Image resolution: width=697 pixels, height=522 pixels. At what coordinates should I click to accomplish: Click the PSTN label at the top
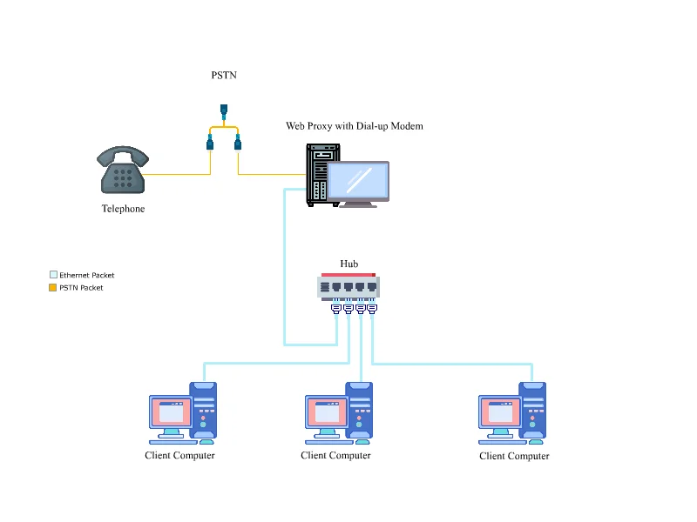tap(224, 76)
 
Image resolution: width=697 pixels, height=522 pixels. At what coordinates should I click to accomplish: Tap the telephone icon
tap(123, 171)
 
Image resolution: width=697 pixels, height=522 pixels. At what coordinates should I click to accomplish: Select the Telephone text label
tap(123, 209)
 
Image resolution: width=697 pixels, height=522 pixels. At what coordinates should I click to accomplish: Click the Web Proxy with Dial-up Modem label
tap(355, 126)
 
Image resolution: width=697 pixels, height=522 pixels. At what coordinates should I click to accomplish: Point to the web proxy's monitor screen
tap(357, 180)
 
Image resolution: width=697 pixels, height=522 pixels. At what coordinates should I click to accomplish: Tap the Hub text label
tap(348, 264)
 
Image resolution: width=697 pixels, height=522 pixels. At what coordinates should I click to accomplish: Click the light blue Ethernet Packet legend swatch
tap(53, 275)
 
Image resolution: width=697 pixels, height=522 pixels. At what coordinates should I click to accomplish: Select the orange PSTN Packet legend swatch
tap(53, 287)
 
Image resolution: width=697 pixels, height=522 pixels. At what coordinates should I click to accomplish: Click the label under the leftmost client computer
tap(179, 455)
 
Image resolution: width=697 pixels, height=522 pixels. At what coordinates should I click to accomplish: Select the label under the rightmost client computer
tap(514, 456)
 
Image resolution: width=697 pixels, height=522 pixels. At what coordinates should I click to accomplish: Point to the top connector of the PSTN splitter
tap(224, 110)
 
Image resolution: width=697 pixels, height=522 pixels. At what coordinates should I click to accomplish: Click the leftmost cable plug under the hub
tap(335, 307)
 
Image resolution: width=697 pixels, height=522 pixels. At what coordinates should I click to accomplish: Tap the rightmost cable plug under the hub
tap(372, 307)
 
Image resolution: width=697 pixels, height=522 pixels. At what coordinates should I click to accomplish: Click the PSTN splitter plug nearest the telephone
tap(210, 143)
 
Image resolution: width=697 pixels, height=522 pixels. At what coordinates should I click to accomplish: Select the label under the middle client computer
tap(335, 455)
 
